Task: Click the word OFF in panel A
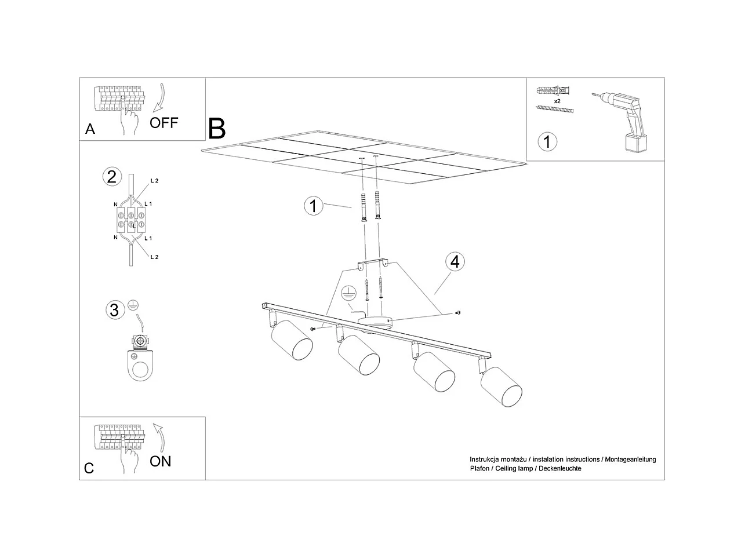tap(164, 122)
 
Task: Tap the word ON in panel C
tap(161, 461)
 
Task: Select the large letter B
tap(217, 129)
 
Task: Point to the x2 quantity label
tap(557, 101)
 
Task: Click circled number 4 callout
tap(455, 262)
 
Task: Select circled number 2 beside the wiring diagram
tap(111, 176)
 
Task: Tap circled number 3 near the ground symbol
tap(114, 310)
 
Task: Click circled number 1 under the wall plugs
tap(547, 141)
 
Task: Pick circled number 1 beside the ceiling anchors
tap(314, 206)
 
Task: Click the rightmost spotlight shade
tap(501, 387)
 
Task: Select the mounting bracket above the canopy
tap(373, 265)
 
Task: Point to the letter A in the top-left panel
tap(90, 129)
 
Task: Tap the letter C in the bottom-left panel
tap(89, 468)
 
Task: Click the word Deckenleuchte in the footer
tap(559, 468)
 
